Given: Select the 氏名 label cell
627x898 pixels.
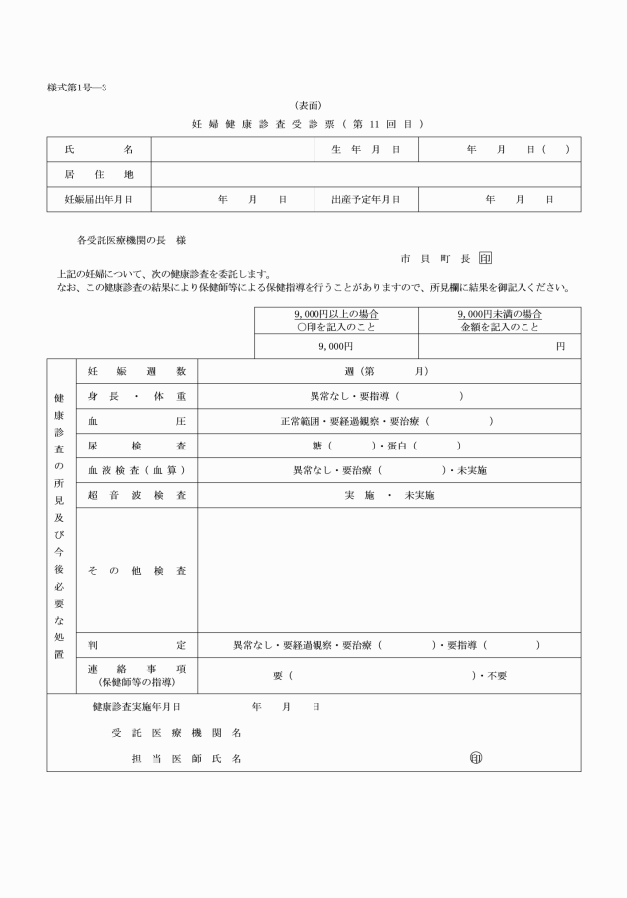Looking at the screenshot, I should [99, 149].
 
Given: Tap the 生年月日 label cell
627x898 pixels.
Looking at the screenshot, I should [365, 149].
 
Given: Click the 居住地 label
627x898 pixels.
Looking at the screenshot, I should [99, 174].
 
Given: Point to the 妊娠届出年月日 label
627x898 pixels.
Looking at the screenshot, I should [99, 199].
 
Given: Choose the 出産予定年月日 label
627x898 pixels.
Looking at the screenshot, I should [365, 199].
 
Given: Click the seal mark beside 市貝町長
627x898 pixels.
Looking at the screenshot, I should [486, 258].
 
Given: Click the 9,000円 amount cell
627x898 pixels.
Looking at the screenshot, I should [336, 345].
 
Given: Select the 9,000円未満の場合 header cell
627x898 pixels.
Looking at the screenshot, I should [500, 320].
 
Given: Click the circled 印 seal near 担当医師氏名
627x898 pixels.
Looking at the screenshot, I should [476, 758].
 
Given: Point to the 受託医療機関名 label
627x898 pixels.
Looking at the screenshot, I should [176, 733].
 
